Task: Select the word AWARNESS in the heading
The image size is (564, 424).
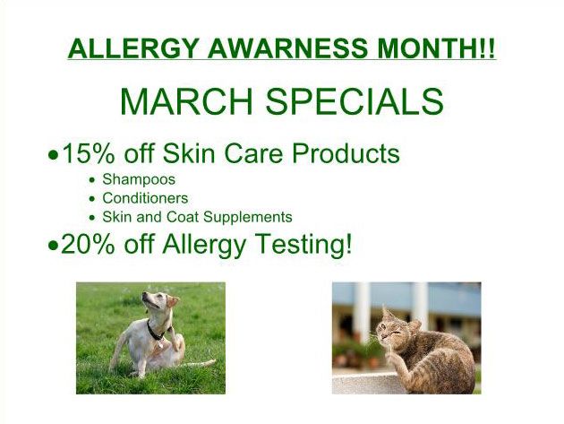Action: (x=287, y=48)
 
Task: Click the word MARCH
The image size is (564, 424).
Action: (x=186, y=101)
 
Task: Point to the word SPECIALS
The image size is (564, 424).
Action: (x=355, y=101)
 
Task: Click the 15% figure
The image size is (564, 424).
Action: (x=89, y=153)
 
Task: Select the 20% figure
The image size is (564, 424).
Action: (x=88, y=244)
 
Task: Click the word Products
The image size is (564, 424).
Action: (x=346, y=153)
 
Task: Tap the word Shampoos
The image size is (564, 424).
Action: (x=139, y=179)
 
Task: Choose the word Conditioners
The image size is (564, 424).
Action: (x=145, y=198)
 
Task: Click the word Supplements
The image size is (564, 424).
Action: (x=247, y=217)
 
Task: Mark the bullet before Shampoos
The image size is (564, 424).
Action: (x=93, y=180)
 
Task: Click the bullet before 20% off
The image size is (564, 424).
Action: (x=53, y=246)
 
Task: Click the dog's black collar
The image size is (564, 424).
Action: (x=154, y=331)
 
